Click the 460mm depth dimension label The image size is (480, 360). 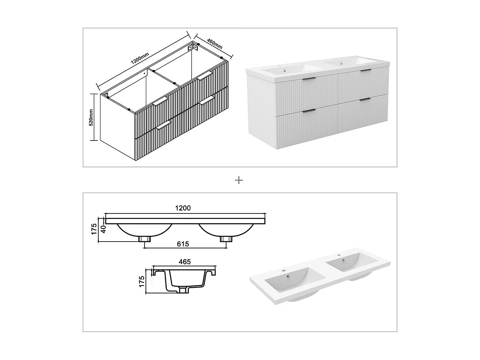[215, 44]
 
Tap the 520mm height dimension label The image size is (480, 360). [91, 117]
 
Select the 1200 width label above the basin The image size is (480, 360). [183, 208]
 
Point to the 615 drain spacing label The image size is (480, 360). [183, 244]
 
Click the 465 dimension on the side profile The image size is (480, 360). [185, 262]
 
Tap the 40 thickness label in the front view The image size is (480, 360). [103, 229]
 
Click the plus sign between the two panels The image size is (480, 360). [239, 180]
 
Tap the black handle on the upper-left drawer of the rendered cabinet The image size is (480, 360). [309, 78]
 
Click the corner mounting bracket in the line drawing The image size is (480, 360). [193, 47]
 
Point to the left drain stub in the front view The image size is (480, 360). [144, 239]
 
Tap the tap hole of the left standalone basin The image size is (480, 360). [283, 271]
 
